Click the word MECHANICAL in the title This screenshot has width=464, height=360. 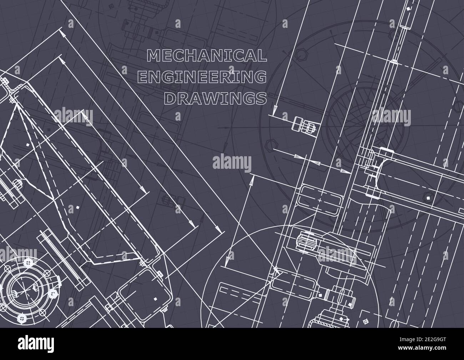(x=207, y=55)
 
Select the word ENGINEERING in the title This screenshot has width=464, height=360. (x=202, y=77)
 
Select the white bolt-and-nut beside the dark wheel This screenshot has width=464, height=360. (x=303, y=126)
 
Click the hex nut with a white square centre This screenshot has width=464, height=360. (x=427, y=196)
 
